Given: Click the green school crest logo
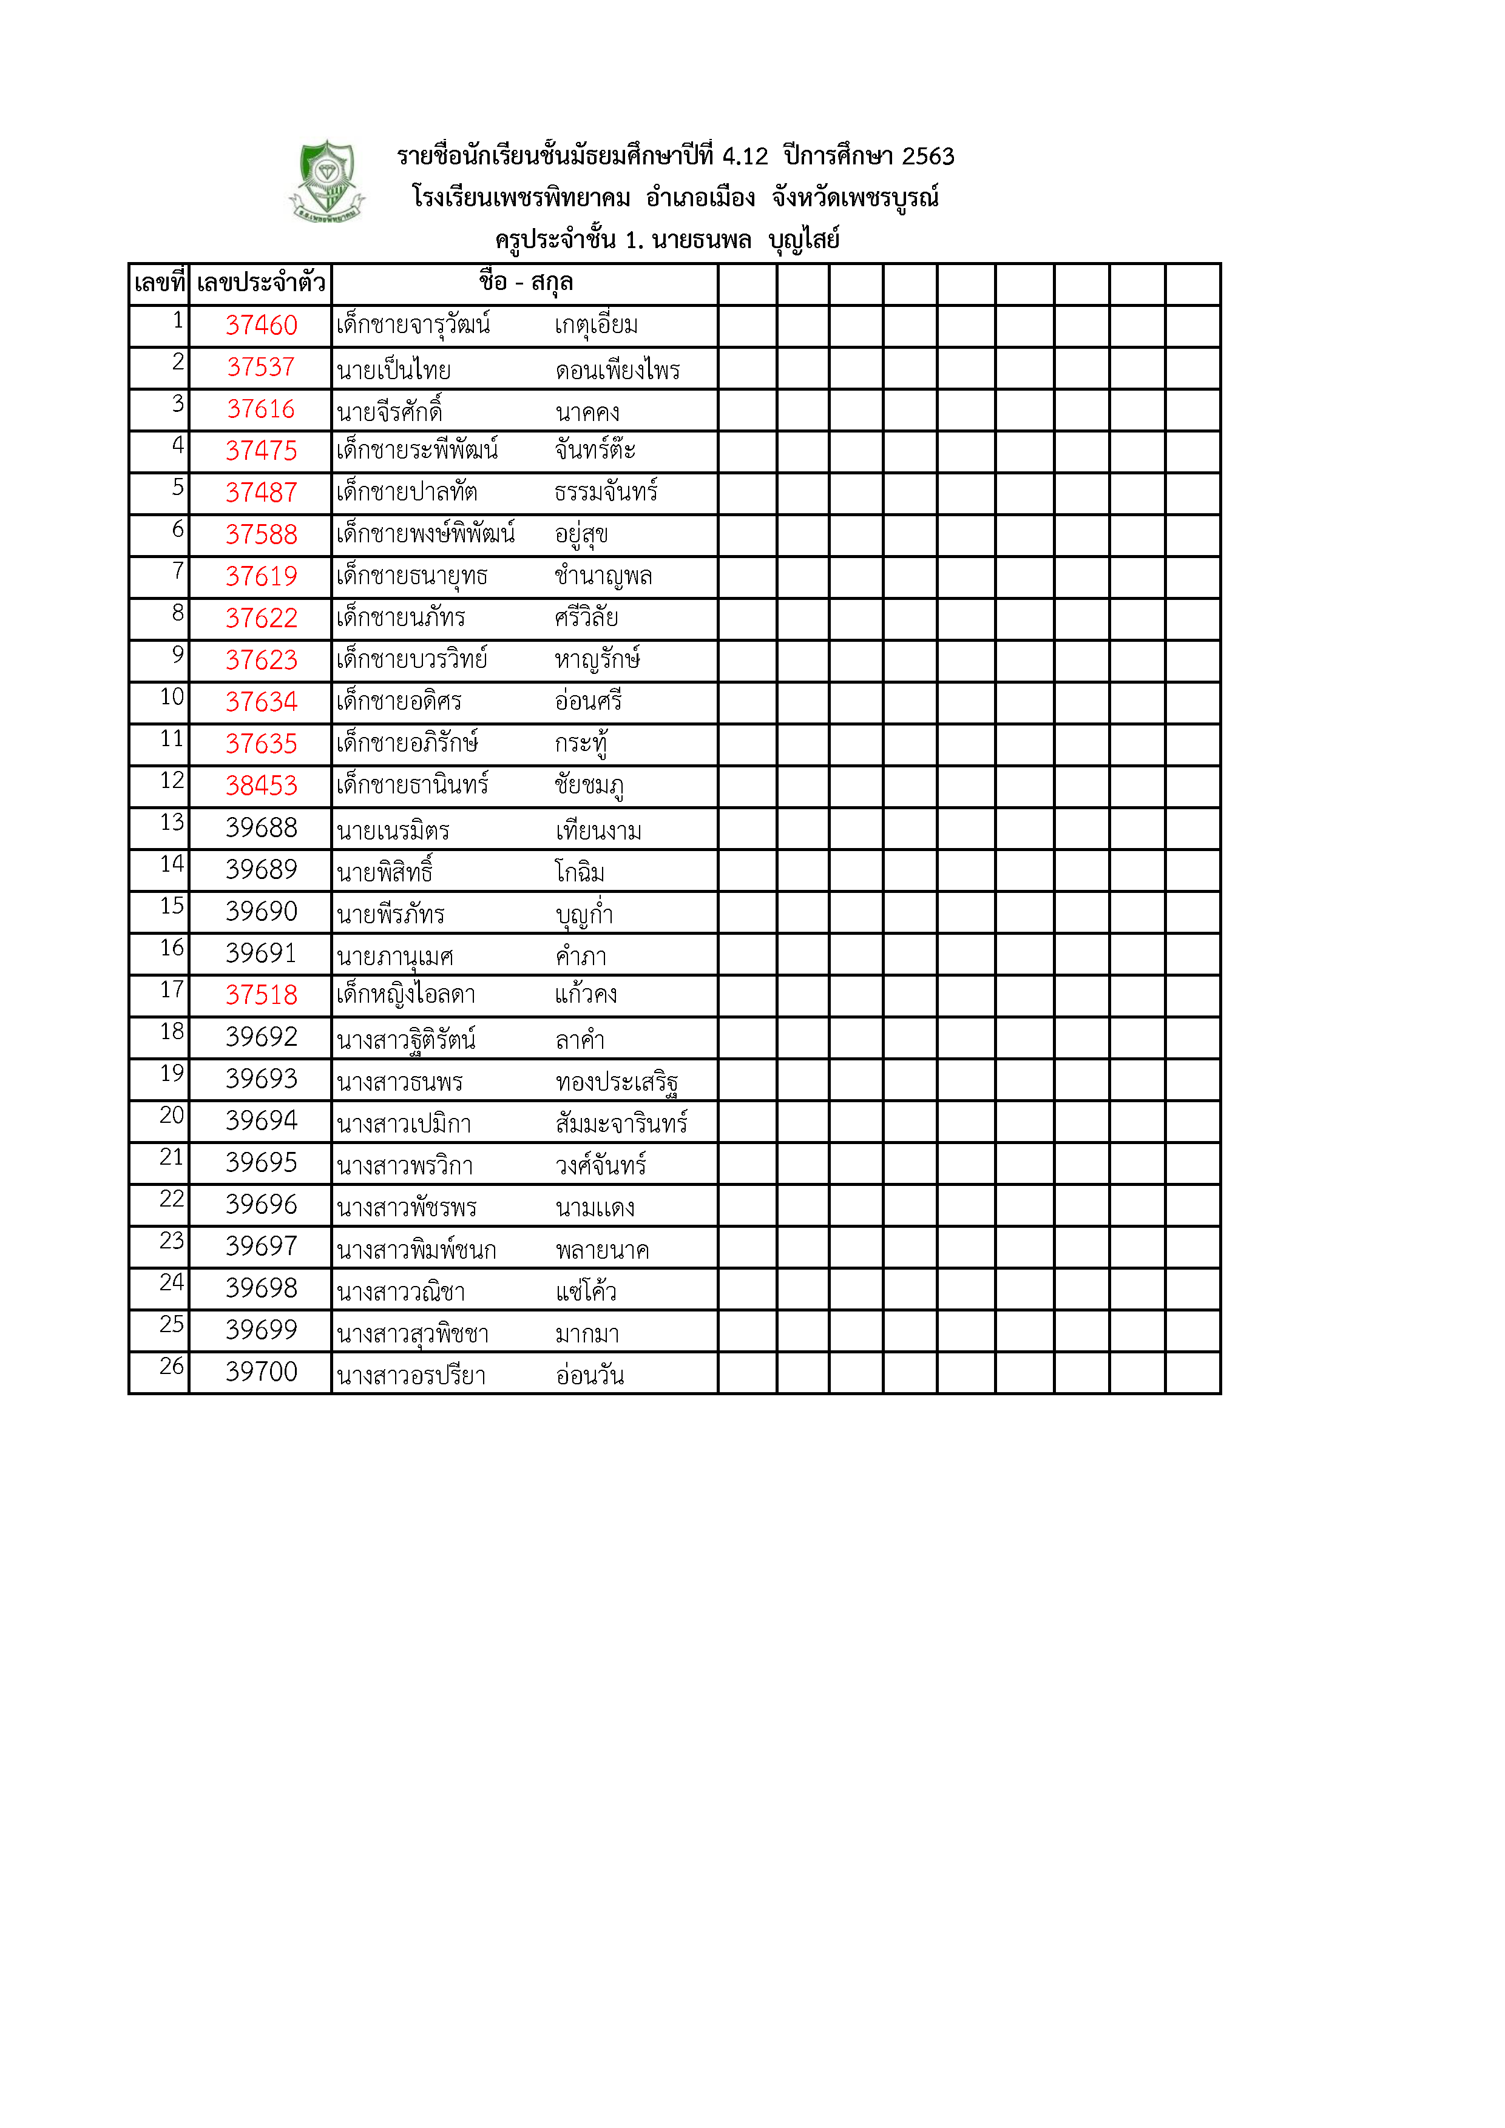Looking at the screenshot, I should pyautogui.click(x=327, y=181).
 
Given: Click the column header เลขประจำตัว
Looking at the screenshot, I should pyautogui.click(x=260, y=283).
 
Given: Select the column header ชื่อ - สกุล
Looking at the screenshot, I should pyautogui.click(x=525, y=283).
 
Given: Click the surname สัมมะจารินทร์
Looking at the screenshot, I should pyautogui.click(x=621, y=1124).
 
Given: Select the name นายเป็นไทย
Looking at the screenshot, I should pyautogui.click(x=393, y=370).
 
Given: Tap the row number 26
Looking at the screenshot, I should pyautogui.click(x=172, y=1366).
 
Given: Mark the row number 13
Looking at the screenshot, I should pyautogui.click(x=172, y=822).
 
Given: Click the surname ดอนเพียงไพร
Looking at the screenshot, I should pyautogui.click(x=618, y=370).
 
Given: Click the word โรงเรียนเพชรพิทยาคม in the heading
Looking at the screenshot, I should pyautogui.click(x=521, y=197).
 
